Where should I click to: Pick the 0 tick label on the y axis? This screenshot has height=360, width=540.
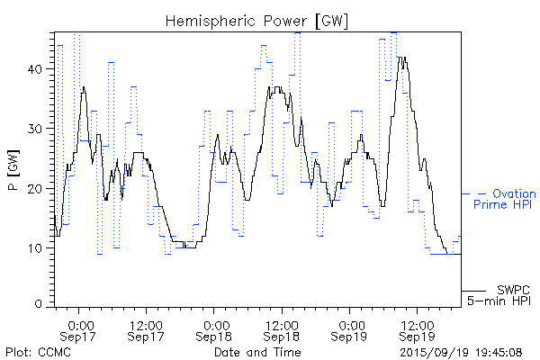tap(40, 304)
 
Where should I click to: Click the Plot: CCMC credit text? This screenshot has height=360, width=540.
tap(38, 351)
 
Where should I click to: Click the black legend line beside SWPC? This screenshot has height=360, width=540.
tap(474, 290)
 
